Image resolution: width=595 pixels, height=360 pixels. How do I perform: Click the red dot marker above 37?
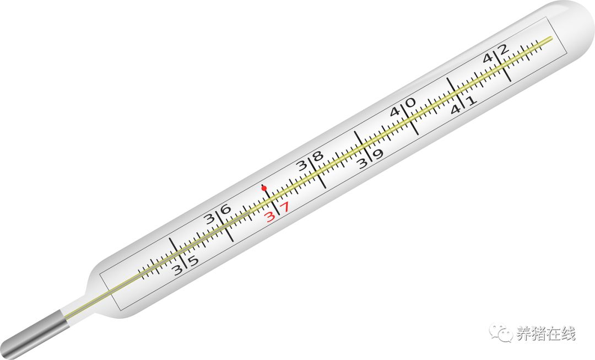[x=264, y=187]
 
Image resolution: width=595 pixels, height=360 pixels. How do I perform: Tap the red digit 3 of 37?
[x=270, y=217]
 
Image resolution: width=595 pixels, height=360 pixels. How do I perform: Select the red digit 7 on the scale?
[x=285, y=207]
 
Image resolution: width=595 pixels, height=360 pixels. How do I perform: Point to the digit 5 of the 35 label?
[x=193, y=261]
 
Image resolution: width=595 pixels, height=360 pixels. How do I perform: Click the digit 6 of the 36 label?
[x=226, y=209]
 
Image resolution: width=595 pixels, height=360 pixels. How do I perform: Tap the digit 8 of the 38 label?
[x=318, y=156]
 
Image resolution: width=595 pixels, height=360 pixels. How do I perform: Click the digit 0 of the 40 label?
[x=410, y=103]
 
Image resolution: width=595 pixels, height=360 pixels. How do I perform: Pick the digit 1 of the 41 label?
[x=471, y=101]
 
